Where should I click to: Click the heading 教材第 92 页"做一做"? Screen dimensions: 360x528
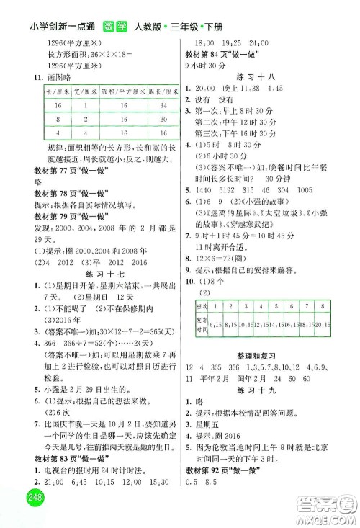point(219,501)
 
